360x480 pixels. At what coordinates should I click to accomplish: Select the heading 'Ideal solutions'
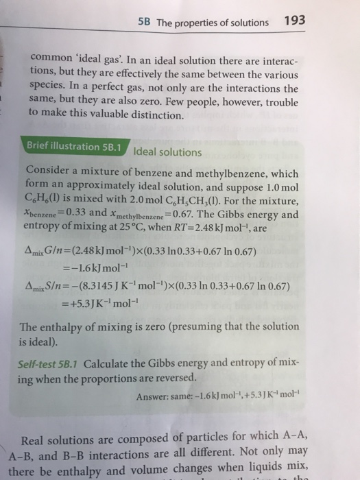click(x=168, y=151)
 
